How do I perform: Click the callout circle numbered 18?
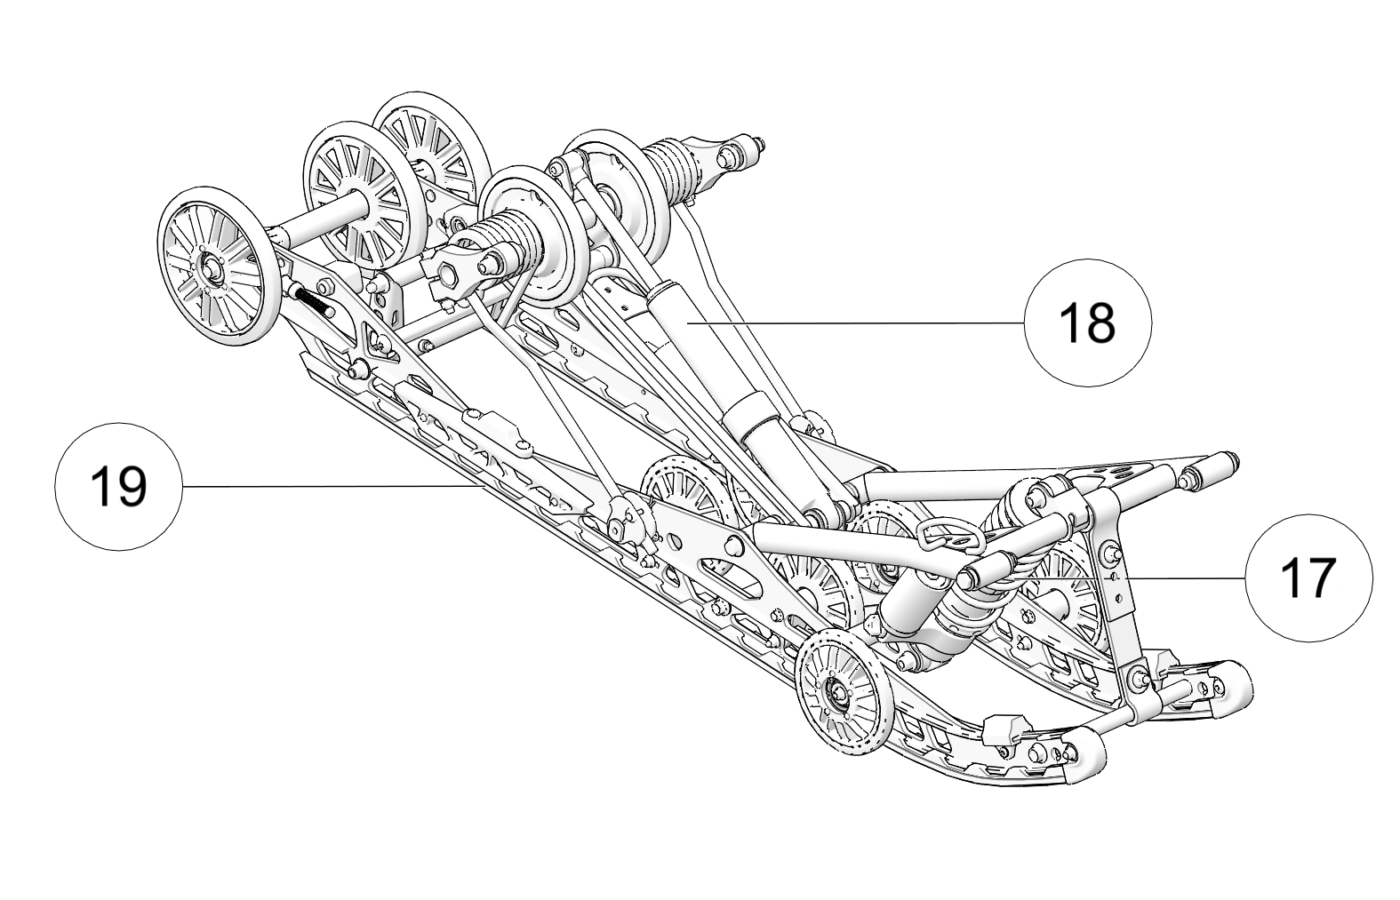(1087, 323)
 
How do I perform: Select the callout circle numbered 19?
(119, 486)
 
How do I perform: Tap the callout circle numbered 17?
(1308, 577)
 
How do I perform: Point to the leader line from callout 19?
(329, 486)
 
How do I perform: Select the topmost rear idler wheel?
(431, 145)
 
